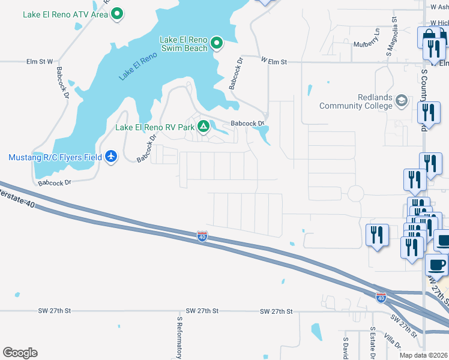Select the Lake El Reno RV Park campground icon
[x=203, y=127]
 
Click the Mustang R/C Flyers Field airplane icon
[x=110, y=157]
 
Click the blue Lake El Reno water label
[x=137, y=66]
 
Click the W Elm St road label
[x=274, y=61]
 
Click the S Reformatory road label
[x=178, y=337]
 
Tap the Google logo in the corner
[x=20, y=353]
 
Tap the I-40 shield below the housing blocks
[x=202, y=236]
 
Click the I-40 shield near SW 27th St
[x=380, y=297]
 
